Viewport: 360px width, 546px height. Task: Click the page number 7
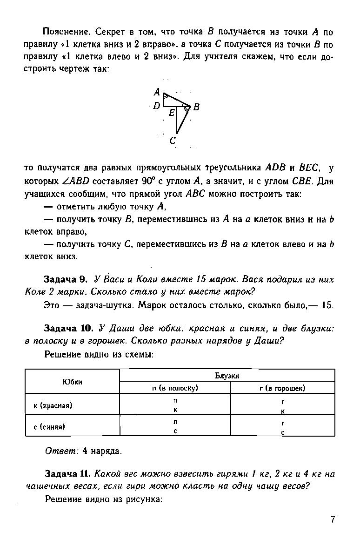[x=333, y=519]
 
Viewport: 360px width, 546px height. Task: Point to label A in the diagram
[x=157, y=92]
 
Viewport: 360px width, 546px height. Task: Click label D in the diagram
[x=157, y=106]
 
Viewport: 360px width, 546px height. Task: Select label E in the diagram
[x=172, y=113]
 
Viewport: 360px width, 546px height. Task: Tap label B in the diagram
[x=196, y=108]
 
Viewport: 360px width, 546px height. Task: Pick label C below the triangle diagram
[x=173, y=140]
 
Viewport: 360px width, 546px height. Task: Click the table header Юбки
[x=72, y=382]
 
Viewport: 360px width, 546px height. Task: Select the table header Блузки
[x=227, y=376]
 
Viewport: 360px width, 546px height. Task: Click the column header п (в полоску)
[x=175, y=388]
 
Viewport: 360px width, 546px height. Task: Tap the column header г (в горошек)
[x=282, y=388]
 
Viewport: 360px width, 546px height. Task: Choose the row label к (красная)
[x=53, y=405]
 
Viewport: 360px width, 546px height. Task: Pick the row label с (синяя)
[x=49, y=426]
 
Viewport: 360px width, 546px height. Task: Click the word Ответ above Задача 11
[x=62, y=451]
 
